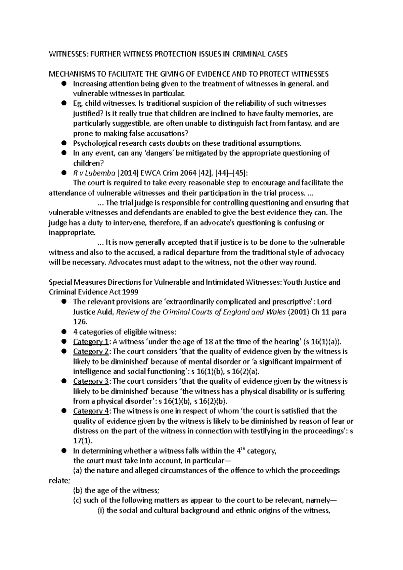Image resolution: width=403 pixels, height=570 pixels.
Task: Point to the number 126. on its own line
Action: (x=80, y=322)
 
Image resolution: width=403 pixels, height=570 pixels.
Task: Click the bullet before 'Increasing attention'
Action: (x=64, y=84)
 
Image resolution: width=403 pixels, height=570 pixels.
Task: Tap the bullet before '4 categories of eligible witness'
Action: (x=64, y=332)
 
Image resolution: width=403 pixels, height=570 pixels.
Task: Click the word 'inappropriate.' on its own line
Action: (x=72, y=233)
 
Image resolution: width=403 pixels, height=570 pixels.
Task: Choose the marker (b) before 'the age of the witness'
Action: (x=78, y=490)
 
